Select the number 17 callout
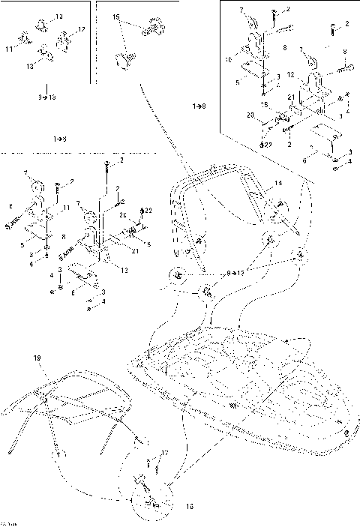click(x=164, y=454)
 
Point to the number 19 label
click(x=35, y=359)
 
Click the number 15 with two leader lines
click(x=116, y=16)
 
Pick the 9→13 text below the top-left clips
click(x=46, y=97)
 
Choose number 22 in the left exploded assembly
click(x=148, y=209)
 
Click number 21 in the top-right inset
click(x=289, y=97)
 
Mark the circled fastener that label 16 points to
click(x=148, y=499)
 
